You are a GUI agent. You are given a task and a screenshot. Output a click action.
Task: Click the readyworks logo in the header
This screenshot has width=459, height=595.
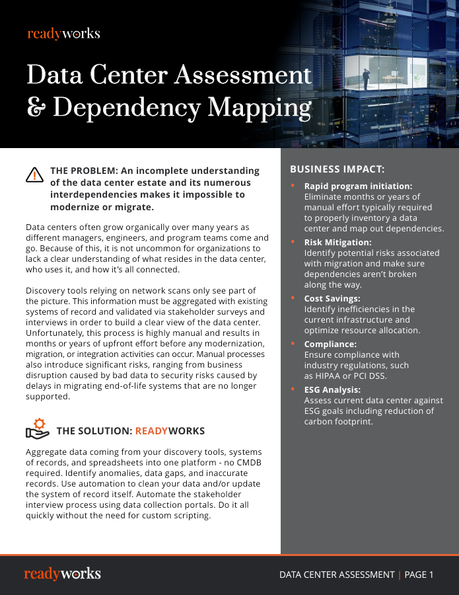pyautogui.click(x=63, y=34)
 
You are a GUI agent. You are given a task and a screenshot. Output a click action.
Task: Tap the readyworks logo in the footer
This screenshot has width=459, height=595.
pyautogui.click(x=63, y=574)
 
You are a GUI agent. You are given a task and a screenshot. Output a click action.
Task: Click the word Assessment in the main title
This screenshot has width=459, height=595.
pyautogui.click(x=241, y=76)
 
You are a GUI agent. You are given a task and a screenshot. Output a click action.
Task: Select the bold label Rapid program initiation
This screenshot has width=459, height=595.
pyautogui.click(x=358, y=186)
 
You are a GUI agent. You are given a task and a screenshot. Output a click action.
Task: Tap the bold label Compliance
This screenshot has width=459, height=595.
pyautogui.click(x=330, y=344)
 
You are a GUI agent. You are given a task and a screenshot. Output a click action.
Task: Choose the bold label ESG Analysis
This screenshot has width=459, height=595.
pyautogui.click(x=332, y=390)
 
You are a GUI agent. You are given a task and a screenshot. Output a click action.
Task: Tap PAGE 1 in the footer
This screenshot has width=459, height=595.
pyautogui.click(x=419, y=575)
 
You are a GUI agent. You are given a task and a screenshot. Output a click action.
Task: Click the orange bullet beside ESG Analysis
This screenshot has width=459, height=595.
pyautogui.click(x=293, y=389)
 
